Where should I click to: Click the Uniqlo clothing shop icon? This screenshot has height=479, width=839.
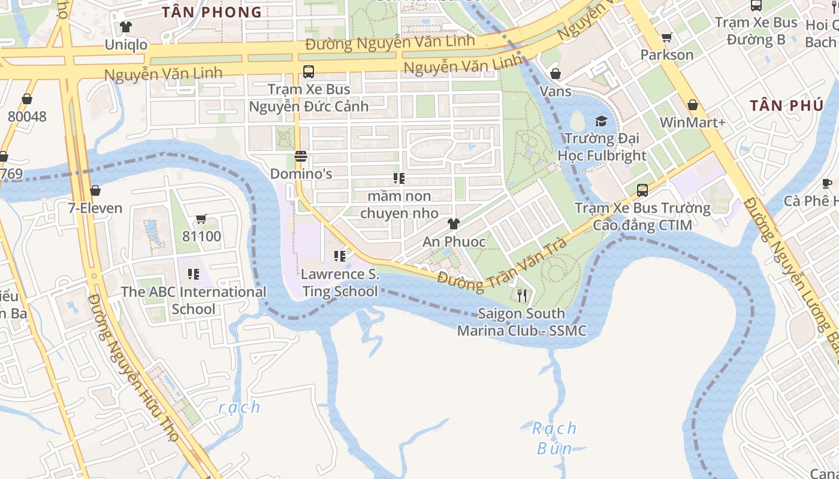pos(126,27)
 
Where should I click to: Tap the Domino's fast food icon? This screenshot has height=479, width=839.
pos(301,156)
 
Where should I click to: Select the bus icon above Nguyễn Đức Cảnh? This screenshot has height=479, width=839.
pos(309,72)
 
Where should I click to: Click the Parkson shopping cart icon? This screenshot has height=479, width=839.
pos(666,38)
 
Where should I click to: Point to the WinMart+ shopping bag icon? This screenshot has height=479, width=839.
pos(693,105)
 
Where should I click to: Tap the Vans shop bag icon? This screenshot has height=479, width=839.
pos(556,74)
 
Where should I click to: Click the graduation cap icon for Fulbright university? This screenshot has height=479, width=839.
pos(601,121)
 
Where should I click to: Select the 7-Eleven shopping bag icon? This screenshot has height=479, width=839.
pos(95,190)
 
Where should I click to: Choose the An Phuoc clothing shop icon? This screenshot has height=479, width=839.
pos(454,224)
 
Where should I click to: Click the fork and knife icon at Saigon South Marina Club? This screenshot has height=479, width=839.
pos(522,296)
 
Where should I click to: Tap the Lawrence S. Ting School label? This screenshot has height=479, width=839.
pos(340,283)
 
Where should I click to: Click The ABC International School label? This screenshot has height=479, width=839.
pos(194,300)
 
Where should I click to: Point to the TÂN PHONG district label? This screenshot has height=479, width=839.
pos(212,12)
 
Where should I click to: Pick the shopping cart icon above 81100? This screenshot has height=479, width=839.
pos(201,219)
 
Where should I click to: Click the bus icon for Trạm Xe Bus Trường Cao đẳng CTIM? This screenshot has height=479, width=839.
pos(642,190)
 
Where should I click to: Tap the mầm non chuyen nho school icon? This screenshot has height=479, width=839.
pos(399,178)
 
